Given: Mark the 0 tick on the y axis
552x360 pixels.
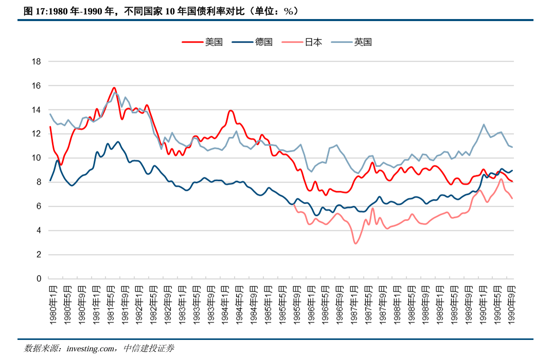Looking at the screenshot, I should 38,279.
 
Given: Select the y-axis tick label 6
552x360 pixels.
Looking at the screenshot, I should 38,206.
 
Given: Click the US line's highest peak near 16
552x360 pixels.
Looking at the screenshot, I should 114,88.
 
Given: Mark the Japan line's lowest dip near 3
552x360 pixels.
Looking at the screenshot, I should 355,243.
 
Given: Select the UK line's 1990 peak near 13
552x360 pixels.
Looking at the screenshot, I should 484,124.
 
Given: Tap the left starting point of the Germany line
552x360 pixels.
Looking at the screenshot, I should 50,180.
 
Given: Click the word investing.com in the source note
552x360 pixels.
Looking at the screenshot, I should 91,349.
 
